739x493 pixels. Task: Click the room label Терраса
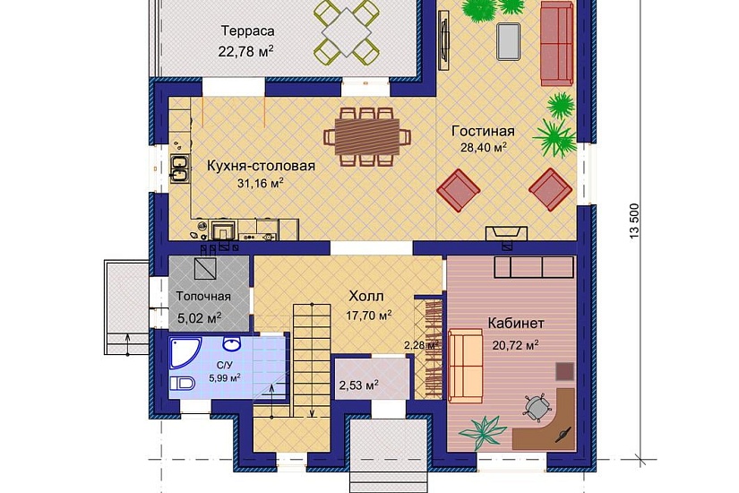245,30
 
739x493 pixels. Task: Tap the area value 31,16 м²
260,183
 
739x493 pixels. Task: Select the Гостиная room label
483,131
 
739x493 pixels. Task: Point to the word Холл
366,296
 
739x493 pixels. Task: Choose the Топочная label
203,297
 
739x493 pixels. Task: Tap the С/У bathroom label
225,365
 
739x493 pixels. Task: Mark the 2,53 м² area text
357,385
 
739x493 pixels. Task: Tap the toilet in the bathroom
183,384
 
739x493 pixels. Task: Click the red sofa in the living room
556,40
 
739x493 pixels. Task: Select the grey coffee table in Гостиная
510,39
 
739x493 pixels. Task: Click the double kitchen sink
178,169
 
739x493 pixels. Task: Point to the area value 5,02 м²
199,317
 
